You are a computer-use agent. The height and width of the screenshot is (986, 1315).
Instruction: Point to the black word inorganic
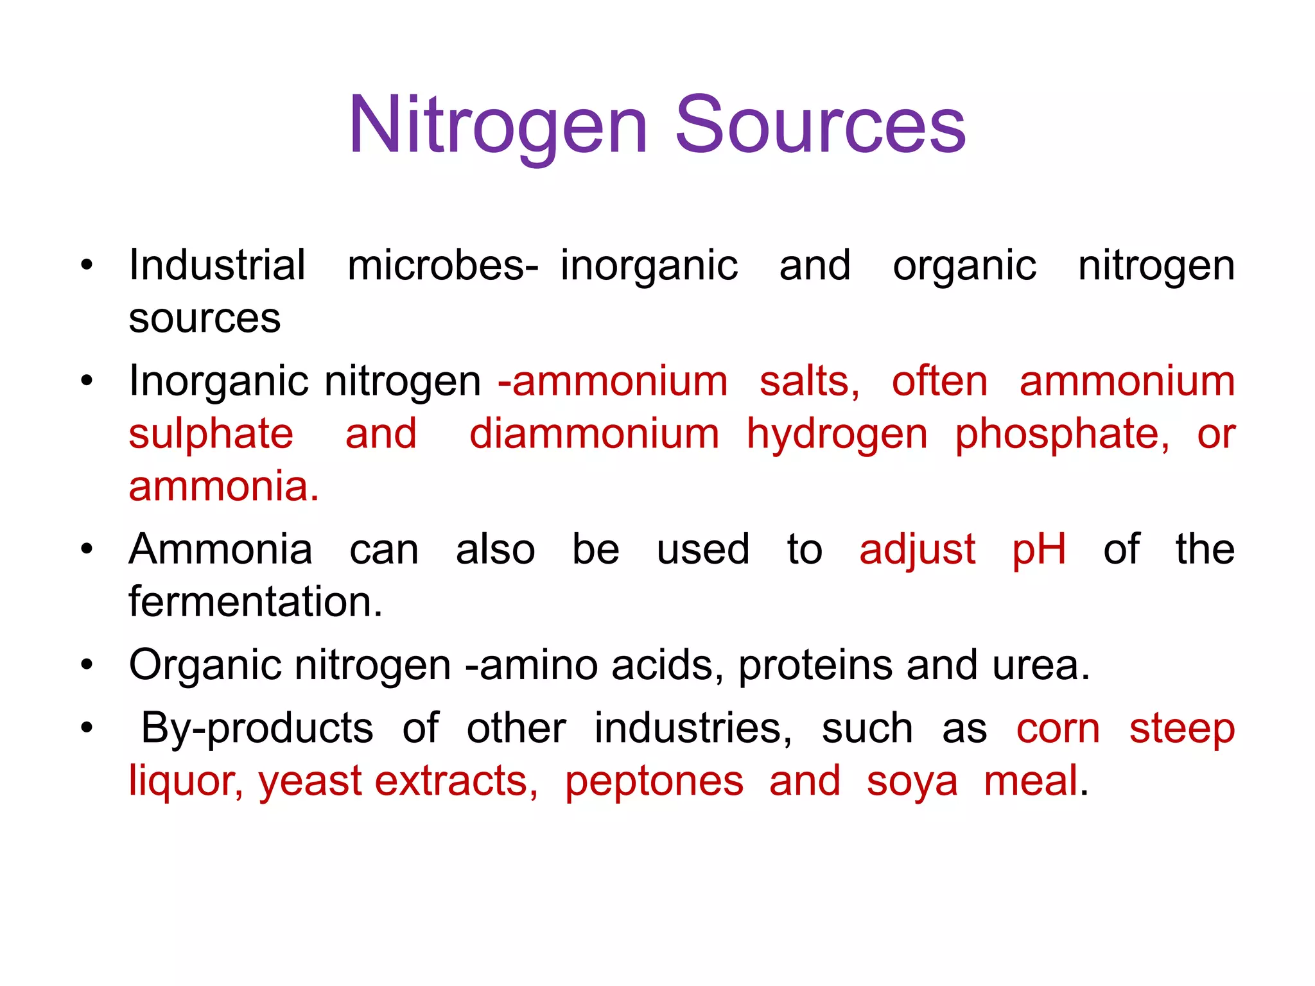pos(649,266)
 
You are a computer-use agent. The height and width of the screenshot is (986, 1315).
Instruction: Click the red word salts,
pos(810,381)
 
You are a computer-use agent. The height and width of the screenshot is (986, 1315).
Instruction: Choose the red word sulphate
pos(211,434)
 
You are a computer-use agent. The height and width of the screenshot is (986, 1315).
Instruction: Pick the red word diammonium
pos(594,434)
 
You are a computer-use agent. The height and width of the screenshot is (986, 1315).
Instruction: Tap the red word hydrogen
pos(837,435)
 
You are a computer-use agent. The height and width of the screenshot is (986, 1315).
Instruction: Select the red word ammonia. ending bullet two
pos(223,486)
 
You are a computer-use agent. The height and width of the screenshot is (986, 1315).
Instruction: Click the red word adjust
pos(918,551)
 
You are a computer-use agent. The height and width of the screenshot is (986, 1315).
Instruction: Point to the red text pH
pos(1039,551)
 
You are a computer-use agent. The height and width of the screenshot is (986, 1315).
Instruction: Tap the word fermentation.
pos(256,602)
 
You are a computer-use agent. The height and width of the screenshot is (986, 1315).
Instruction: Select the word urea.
pos(1041,666)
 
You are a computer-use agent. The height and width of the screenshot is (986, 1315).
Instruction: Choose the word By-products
pos(257,729)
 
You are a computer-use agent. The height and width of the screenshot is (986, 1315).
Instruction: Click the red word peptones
pos(654,783)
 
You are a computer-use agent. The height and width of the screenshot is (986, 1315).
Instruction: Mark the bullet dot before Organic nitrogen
pos(87,665)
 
